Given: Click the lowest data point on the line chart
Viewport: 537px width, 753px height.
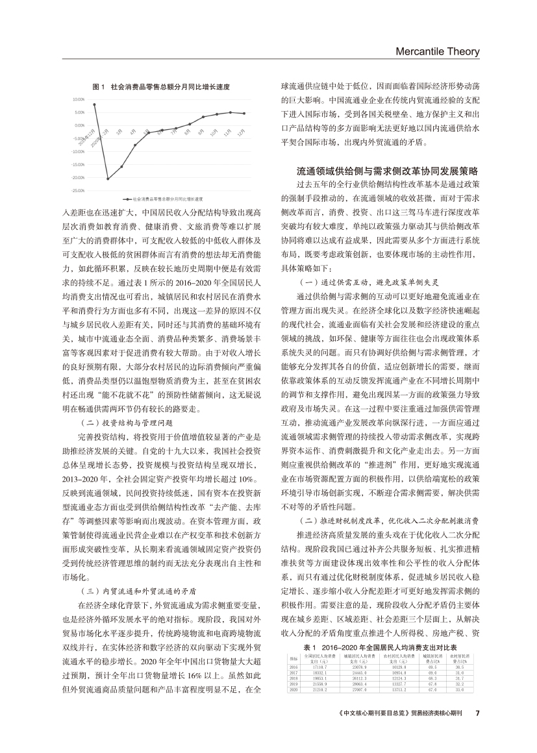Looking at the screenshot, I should (108, 179).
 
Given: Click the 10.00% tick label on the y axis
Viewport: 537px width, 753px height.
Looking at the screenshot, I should (79, 99).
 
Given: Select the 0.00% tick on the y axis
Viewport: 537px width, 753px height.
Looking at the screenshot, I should (80, 125).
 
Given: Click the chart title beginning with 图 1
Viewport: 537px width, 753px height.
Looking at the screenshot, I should (162, 86).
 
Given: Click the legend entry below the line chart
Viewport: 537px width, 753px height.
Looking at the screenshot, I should (166, 199).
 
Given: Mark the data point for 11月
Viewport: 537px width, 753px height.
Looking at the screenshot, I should (230, 112).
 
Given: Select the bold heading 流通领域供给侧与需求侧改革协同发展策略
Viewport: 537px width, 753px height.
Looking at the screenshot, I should (388, 171).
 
